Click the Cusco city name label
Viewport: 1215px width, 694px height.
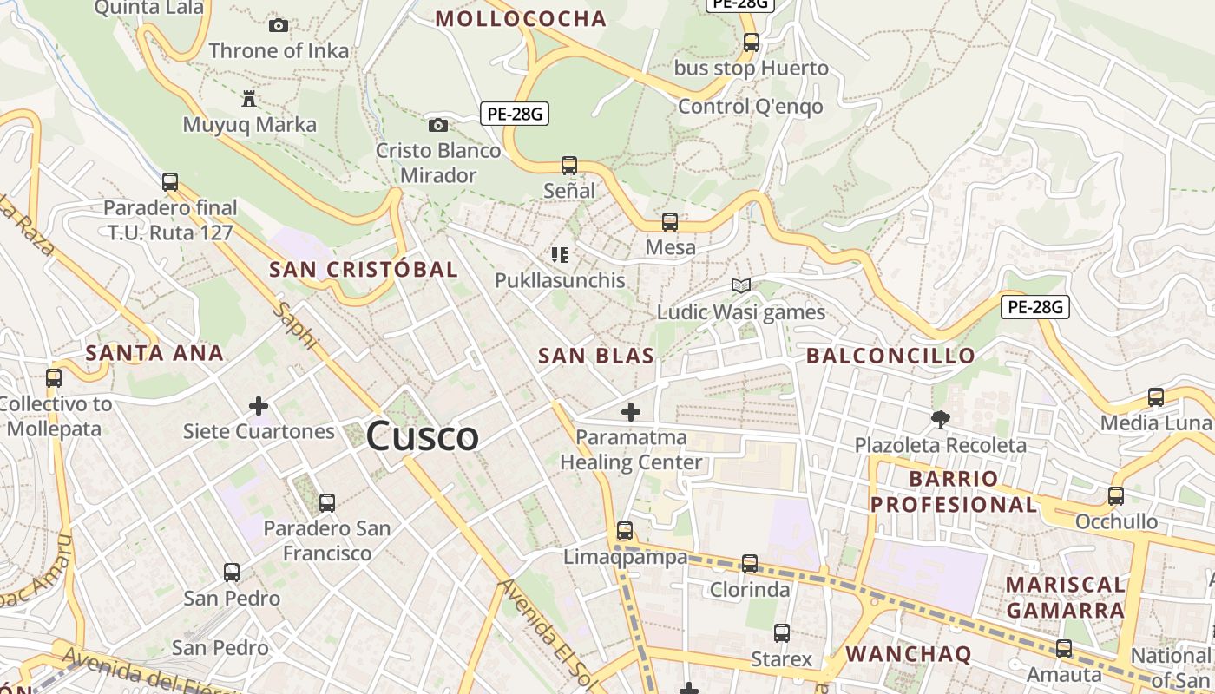(422, 435)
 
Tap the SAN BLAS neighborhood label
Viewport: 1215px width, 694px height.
(595, 356)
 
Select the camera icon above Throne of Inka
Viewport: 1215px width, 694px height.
(279, 25)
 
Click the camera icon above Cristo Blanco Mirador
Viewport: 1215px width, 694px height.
(438, 126)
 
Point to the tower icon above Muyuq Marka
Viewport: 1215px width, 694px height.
(249, 98)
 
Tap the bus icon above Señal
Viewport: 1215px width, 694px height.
(569, 165)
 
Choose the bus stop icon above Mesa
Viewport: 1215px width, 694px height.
(670, 222)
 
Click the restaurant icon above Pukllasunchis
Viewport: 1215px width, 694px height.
(560, 255)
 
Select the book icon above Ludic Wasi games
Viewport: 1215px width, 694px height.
(740, 285)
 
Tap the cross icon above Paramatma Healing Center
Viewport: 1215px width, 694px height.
(631, 412)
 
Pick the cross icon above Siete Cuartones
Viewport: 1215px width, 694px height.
(258, 405)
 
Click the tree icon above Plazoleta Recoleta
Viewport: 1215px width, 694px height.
(940, 421)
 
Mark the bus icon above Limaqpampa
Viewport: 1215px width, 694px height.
(625, 531)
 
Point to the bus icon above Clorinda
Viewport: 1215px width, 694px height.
(750, 564)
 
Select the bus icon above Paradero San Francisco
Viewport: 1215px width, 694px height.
(327, 502)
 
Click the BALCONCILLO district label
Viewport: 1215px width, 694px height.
(890, 356)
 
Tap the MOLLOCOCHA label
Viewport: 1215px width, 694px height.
(521, 19)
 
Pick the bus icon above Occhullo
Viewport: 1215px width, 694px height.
(1116, 496)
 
